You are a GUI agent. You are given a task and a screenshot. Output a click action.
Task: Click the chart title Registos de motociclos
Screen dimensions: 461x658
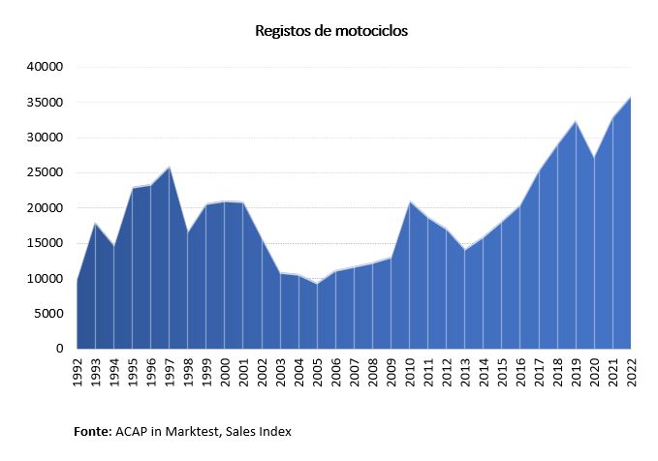click(331, 31)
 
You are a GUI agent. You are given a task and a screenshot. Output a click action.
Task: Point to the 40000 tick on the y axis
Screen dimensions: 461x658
click(45, 67)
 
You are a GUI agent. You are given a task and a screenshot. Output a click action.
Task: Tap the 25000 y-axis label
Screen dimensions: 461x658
click(45, 172)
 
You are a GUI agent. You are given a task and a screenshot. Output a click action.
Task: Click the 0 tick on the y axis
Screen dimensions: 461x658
click(59, 349)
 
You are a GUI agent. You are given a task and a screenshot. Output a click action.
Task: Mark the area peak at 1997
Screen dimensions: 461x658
click(170, 167)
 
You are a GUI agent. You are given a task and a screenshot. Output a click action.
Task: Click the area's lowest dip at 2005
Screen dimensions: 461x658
click(317, 284)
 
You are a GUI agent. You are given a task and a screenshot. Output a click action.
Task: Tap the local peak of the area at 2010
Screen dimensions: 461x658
click(410, 201)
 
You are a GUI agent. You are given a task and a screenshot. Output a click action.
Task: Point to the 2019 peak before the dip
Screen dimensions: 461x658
click(577, 121)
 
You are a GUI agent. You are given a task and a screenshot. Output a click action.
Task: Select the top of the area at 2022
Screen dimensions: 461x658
click(632, 96)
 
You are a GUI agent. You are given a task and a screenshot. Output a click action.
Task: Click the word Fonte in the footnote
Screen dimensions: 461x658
click(93, 430)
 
